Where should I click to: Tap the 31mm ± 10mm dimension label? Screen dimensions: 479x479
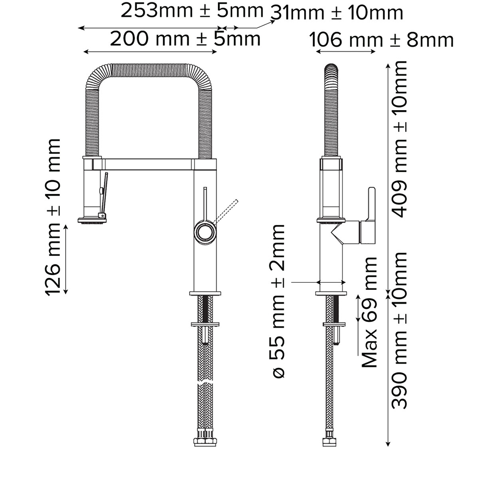pos(337,12)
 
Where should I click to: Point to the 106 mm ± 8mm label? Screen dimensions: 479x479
pos(381,40)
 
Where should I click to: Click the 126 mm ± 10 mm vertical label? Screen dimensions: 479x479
pos(53,217)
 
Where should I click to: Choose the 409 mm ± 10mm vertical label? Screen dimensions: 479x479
pos(399,139)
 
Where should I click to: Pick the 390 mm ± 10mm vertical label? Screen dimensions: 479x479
pos(399,331)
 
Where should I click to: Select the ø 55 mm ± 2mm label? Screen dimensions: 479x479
pos(278,301)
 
